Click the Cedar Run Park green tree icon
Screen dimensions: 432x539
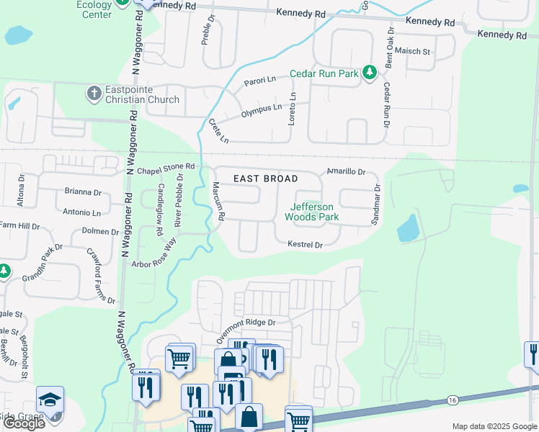[x=370, y=73]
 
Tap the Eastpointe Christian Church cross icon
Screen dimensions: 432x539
[x=94, y=93]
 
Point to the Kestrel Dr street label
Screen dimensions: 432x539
[x=305, y=245]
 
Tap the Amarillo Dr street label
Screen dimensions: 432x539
[x=347, y=172]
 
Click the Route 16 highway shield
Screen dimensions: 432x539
[x=452, y=400]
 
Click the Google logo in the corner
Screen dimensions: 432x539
[x=24, y=423]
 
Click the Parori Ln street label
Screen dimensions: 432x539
[x=260, y=81]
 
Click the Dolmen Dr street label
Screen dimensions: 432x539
[x=100, y=232]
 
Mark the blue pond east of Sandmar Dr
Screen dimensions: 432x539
[x=407, y=229]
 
